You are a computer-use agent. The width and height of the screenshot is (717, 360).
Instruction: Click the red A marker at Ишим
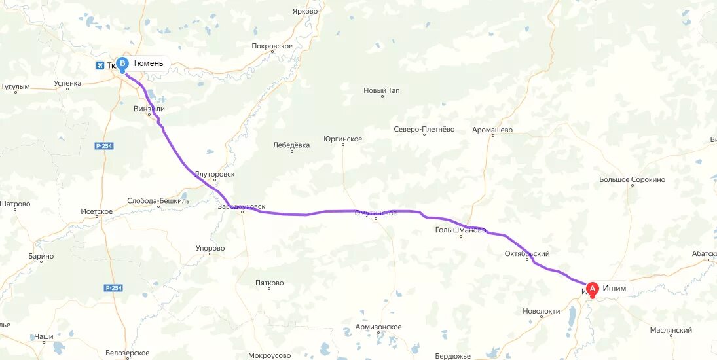coord(592,288)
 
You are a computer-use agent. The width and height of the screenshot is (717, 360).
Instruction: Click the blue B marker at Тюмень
coord(122,63)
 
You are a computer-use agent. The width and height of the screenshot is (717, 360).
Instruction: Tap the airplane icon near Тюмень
coord(100,65)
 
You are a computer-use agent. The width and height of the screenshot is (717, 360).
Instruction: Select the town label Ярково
coord(305,11)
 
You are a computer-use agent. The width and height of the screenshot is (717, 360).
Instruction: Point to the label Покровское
coord(272,46)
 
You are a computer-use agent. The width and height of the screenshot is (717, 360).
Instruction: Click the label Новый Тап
coord(382,90)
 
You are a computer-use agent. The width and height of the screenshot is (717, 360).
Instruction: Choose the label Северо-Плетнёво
coord(424,130)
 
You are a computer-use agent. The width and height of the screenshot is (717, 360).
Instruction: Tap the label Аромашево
coord(492,130)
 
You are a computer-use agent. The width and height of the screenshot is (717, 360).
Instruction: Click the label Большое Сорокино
coord(632,179)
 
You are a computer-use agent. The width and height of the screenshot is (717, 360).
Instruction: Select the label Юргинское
coord(342,139)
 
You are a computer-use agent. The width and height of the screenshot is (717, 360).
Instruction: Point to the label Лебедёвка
coord(291,145)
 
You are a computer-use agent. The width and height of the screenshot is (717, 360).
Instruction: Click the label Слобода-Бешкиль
coord(158,201)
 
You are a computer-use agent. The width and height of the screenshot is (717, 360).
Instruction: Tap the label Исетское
coord(97,211)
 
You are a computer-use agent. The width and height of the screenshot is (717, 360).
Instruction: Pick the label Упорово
coord(210,248)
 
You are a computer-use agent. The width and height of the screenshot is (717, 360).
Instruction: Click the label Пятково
coord(269,283)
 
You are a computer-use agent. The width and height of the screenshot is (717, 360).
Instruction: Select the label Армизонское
coord(378,327)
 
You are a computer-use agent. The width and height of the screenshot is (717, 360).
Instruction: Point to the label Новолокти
coord(542,311)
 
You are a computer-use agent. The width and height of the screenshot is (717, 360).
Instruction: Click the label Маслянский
coord(671,331)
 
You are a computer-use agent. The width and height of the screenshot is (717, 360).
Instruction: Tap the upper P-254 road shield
coord(104,145)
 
